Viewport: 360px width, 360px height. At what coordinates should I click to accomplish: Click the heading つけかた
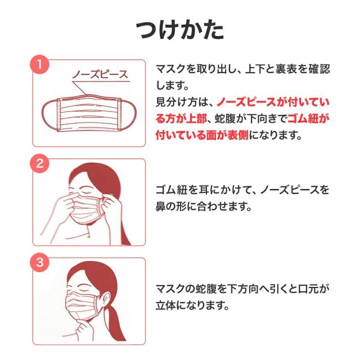(179, 29)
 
